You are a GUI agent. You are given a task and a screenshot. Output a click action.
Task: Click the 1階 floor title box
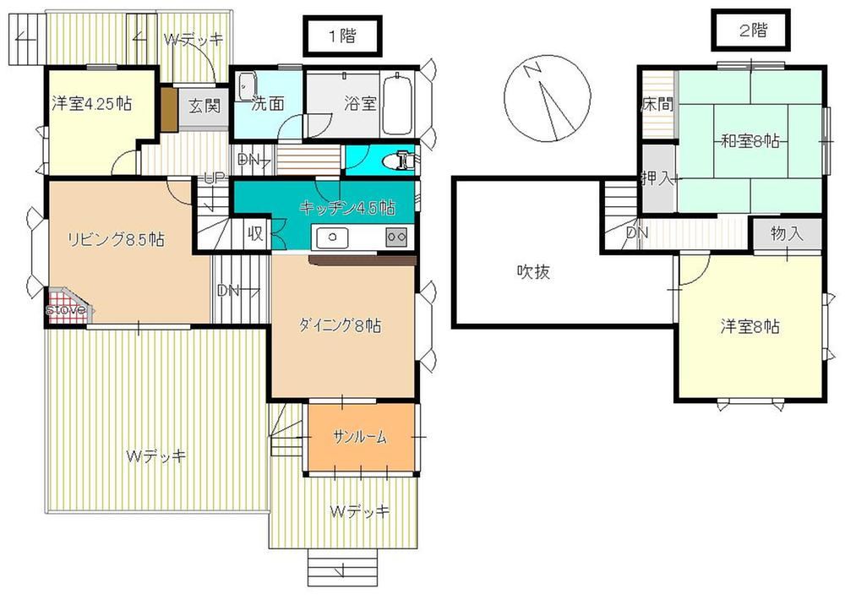tap(343, 36)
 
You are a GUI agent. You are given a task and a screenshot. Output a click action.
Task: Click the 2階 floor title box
tap(750, 30)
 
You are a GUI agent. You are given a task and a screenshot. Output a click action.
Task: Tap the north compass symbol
tap(548, 99)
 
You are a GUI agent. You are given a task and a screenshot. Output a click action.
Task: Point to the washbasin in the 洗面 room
tap(246, 86)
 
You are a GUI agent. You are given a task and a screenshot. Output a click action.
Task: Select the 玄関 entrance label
tap(205, 105)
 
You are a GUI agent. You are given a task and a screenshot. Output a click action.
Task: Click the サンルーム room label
tap(360, 437)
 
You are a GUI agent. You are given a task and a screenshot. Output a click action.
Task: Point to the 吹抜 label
tap(533, 272)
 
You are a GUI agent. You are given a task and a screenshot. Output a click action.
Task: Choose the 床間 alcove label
tap(657, 104)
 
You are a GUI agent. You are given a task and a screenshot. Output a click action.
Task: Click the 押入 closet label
tap(657, 178)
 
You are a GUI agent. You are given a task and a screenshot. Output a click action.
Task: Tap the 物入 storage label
tap(787, 234)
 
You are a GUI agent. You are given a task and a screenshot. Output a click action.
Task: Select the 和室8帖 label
tap(750, 141)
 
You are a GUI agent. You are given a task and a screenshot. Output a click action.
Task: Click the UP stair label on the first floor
tap(214, 178)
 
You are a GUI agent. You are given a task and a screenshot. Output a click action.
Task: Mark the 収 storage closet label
tap(255, 233)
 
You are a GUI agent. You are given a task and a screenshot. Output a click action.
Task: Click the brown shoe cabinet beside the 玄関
tap(169, 108)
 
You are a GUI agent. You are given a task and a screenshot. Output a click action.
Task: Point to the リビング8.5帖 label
tap(116, 239)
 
